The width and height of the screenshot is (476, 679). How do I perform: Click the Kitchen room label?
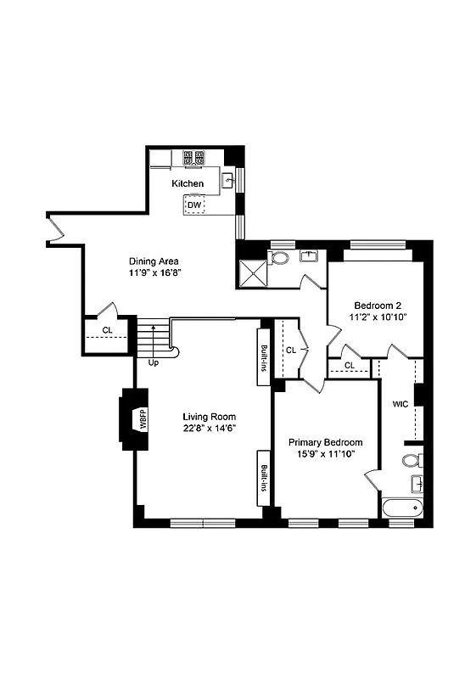coord(188,183)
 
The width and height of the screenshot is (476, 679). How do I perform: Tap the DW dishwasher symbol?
coord(194,205)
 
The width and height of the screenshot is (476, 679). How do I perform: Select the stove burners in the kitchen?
coord(193,157)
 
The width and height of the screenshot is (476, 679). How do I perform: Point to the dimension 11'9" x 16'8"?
coord(155,273)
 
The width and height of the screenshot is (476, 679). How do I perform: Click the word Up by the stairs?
coord(154,362)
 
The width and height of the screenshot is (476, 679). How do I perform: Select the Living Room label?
coord(210,417)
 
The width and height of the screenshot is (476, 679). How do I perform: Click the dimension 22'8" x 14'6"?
coord(210,429)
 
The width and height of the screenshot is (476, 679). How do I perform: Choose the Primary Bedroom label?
coord(325,442)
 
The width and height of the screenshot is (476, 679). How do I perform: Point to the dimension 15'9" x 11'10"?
coord(325,454)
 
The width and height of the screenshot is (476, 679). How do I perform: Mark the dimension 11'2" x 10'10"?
coord(378,317)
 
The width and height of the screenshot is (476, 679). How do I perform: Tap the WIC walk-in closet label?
coord(400,404)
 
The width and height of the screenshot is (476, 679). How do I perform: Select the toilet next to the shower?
coord(280,257)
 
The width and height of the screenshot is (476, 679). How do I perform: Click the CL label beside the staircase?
coord(107,330)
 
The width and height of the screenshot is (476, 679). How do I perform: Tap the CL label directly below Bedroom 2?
coord(350,366)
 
